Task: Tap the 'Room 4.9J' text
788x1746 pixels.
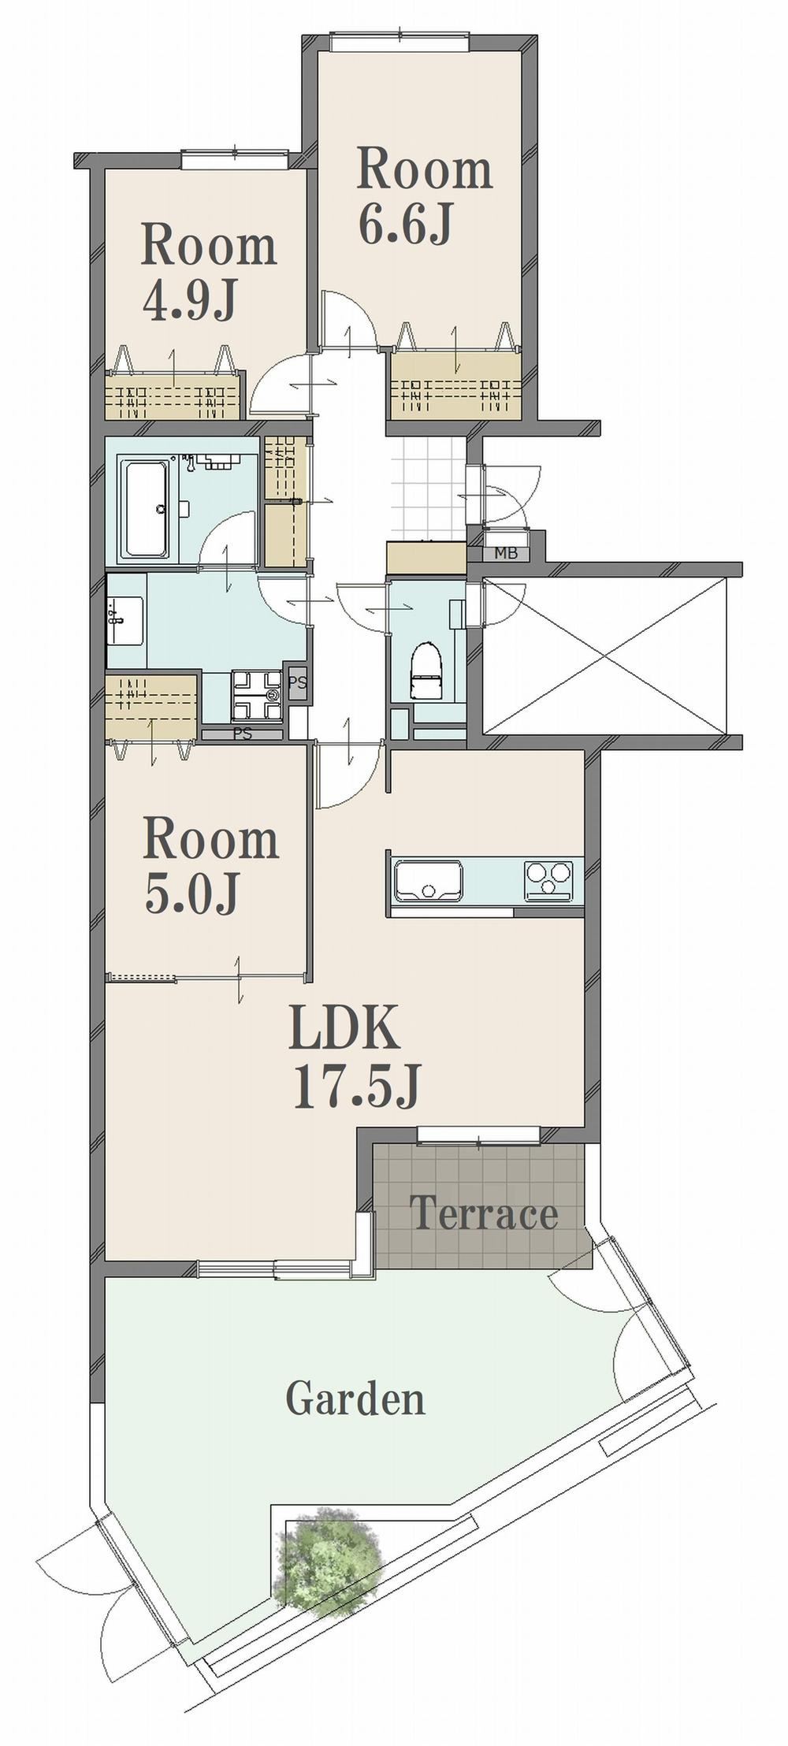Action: point(209,272)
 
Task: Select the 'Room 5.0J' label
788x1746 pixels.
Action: point(210,866)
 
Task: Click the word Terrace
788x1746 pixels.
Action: point(484,1214)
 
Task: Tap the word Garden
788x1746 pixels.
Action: point(355,1399)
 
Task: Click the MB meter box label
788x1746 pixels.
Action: point(506,553)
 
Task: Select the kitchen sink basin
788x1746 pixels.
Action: point(429,881)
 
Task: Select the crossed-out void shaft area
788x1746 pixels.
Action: point(608,656)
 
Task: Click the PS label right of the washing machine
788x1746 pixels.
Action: point(297,682)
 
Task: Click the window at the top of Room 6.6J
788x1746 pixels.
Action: point(400,41)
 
